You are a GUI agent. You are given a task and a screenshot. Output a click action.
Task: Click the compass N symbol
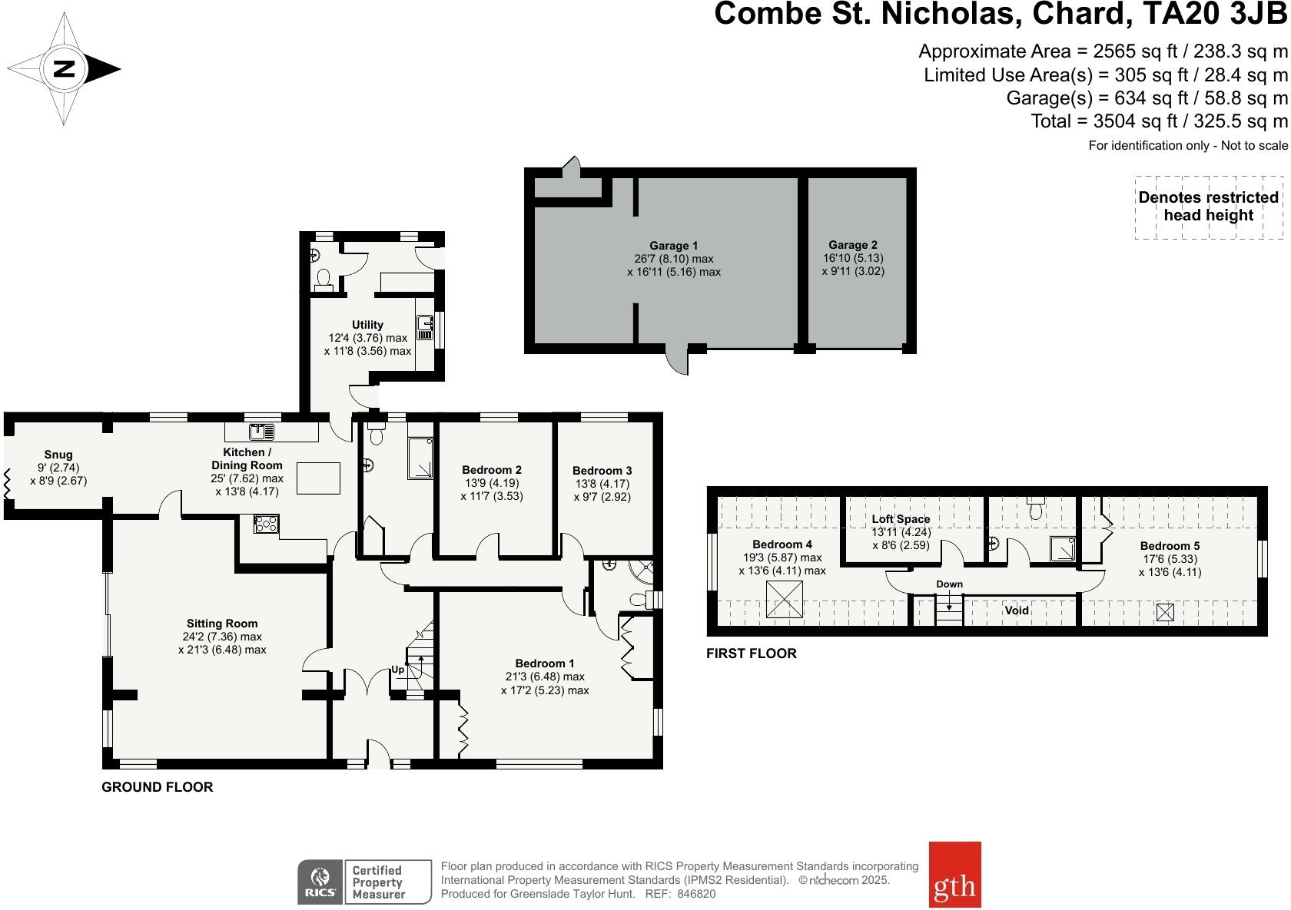pos(64,70)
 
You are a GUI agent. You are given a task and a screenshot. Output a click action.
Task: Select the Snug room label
pos(58,455)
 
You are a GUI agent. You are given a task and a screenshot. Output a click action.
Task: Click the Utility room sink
pos(424,328)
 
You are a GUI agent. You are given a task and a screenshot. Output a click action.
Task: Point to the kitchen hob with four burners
pos(267,524)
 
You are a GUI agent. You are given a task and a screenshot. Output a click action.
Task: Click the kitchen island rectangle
pos(319,478)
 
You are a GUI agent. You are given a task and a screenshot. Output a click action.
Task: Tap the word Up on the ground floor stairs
pos(398,670)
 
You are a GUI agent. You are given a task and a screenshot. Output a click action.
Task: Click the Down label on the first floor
pos(949,584)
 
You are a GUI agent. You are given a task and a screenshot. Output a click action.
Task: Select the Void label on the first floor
pos(1017,611)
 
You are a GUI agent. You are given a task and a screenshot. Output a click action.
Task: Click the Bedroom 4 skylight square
pos(785,597)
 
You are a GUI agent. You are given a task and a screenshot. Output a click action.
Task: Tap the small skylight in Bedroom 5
pos(1165,612)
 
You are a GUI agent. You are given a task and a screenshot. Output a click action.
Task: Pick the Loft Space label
pos(901,519)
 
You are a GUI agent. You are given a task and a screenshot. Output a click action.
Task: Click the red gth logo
pos(954,874)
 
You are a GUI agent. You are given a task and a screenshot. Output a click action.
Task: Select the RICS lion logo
pos(320,881)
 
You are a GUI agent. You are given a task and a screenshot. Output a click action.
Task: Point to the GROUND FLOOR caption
pos(158,787)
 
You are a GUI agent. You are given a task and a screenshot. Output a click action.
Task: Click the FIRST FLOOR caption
pos(752,654)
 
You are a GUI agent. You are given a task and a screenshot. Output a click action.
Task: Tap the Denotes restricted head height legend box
pos(1208,207)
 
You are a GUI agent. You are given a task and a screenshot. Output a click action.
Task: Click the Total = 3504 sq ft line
pos(1159,121)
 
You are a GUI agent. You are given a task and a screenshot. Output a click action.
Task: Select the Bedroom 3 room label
pos(602,471)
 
